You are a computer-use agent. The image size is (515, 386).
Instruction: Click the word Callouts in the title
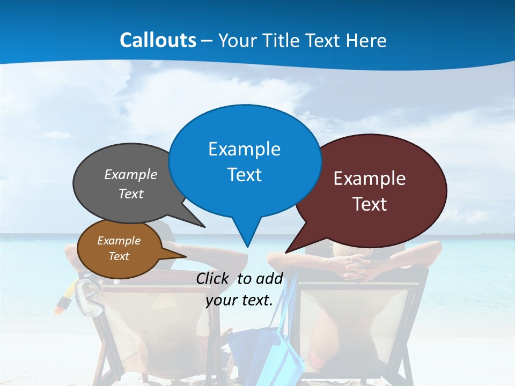pos(158,40)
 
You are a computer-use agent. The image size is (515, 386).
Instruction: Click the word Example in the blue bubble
pos(245,149)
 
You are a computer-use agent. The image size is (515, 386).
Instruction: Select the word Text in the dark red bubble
pos(370,204)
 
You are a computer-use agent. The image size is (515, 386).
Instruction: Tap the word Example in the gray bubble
pos(131,175)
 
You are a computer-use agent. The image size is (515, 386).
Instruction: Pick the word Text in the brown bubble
pos(119,256)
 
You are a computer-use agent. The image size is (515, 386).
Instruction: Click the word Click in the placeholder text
pos(212,278)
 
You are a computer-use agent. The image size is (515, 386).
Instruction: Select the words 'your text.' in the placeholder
pos(239,300)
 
